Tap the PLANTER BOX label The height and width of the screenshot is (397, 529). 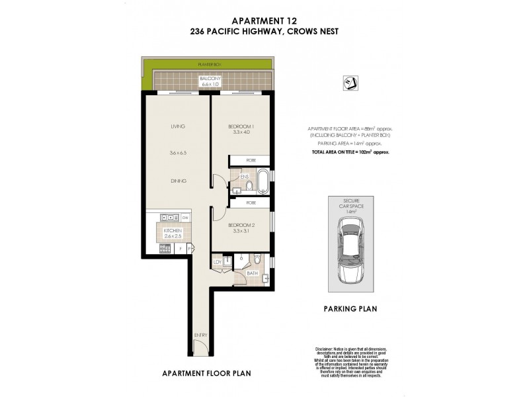click(208, 65)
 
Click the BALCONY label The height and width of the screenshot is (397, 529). click(210, 79)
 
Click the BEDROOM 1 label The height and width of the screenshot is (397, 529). click(242, 126)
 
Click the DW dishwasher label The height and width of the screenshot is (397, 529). click(186, 218)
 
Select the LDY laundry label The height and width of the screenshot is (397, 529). click(216, 263)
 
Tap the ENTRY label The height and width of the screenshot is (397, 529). click(200, 335)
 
